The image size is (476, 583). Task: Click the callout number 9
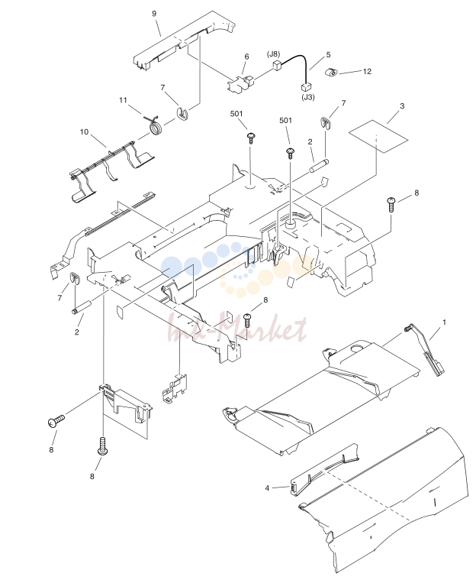pos(154,14)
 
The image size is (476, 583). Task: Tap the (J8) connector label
pos(273,54)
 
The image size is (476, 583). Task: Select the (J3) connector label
pos(308,97)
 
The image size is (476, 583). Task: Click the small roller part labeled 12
pos(331,73)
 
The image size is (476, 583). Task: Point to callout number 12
pos(367,71)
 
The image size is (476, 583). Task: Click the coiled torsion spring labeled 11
pos(154,125)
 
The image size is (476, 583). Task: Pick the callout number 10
pos(84,131)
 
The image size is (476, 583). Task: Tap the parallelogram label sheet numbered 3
pos(378,136)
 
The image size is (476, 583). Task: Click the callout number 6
pos(246,57)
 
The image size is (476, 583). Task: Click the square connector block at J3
pos(307,87)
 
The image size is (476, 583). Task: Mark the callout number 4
pos(267,487)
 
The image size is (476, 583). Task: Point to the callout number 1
pos(444,322)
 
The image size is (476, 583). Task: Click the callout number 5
pos(328,55)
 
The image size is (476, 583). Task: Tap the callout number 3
pos(402,106)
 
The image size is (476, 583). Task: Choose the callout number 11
pos(123,100)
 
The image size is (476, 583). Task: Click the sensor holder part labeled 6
pos(240,83)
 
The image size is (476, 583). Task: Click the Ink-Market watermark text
pos(238,327)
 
